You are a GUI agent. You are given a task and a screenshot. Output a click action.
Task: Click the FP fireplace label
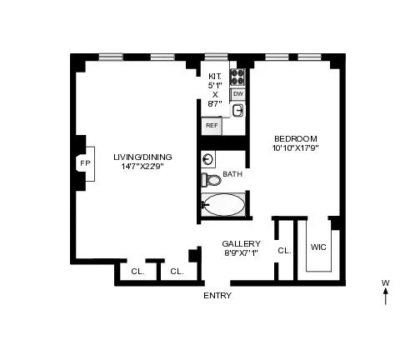click(x=84, y=163)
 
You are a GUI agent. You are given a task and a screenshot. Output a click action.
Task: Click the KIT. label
click(x=215, y=75)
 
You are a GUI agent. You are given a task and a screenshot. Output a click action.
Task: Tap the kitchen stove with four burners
click(x=237, y=77)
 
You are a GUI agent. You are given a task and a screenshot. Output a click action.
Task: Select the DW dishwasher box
click(x=237, y=94)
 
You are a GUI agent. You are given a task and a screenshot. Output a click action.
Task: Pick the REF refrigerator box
click(x=212, y=126)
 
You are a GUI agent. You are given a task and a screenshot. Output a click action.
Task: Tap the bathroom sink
click(x=209, y=158)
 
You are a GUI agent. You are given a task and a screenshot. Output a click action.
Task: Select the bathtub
click(x=223, y=203)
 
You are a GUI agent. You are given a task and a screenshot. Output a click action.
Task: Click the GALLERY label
click(x=236, y=243)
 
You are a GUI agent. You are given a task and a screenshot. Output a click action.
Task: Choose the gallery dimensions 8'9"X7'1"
click(x=236, y=253)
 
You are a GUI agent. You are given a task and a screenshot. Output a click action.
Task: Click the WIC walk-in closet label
click(x=317, y=247)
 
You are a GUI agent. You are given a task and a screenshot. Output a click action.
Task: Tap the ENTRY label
click(x=217, y=296)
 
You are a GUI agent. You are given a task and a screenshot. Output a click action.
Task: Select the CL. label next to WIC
click(x=283, y=250)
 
